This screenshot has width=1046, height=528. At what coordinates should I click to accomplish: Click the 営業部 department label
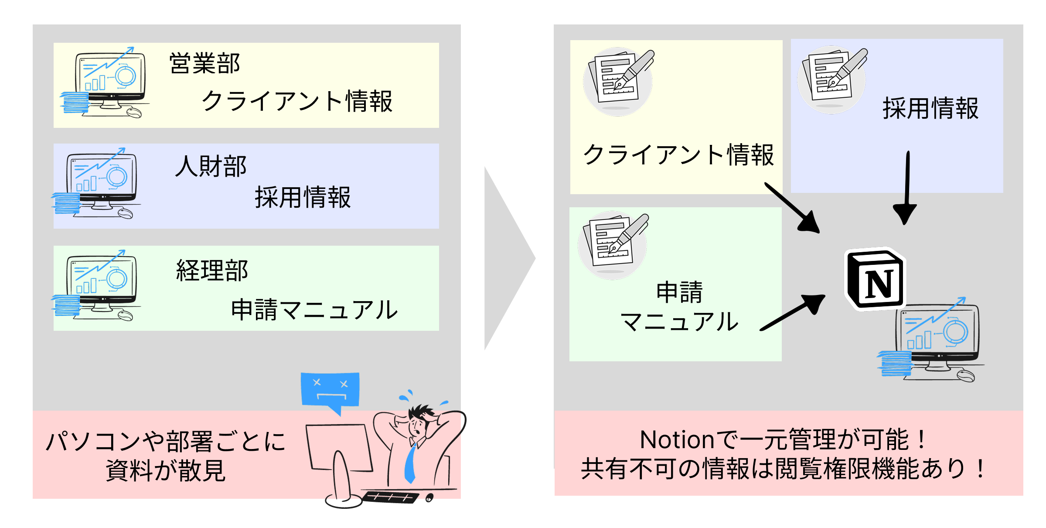[x=204, y=64]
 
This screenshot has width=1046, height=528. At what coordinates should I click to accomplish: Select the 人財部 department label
[x=211, y=167]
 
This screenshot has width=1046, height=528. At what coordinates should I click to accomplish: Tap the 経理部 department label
[x=212, y=270]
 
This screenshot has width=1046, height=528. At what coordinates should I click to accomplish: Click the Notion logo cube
[x=876, y=280]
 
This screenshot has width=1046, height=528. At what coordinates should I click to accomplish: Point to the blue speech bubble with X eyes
[x=330, y=390]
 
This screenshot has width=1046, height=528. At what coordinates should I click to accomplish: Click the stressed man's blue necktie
[x=410, y=463]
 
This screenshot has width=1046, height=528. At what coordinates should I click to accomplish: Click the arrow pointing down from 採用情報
[x=906, y=188]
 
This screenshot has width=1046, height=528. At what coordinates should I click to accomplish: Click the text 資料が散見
[x=166, y=470]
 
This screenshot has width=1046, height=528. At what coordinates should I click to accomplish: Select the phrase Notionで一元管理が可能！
[x=783, y=439]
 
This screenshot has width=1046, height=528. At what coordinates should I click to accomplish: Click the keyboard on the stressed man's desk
[x=391, y=497]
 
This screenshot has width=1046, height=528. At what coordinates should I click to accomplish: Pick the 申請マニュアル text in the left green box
[x=314, y=310]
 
